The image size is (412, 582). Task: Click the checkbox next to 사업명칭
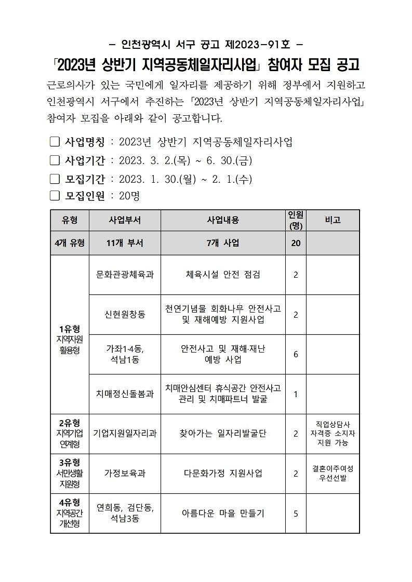[x=55, y=142]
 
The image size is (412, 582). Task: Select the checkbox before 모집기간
[x=55, y=179]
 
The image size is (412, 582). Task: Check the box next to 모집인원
[x=55, y=196]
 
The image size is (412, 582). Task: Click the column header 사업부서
[x=125, y=220]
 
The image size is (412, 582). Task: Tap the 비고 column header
[x=333, y=220]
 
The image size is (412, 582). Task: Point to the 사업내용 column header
[x=223, y=220]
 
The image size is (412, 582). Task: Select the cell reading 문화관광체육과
[x=125, y=275]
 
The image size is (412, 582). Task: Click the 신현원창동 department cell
[x=125, y=314]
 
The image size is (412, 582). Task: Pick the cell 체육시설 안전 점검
[x=223, y=275]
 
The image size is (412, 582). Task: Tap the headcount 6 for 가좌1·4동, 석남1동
[x=296, y=354]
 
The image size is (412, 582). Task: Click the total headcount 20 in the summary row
[x=296, y=243]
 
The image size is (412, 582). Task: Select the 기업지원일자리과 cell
[x=125, y=433]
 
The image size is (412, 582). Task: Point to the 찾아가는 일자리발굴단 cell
[x=223, y=433]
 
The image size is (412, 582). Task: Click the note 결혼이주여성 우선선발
[x=333, y=473]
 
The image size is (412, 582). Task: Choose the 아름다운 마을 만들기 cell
[x=223, y=513]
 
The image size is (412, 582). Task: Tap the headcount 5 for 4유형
[x=296, y=513]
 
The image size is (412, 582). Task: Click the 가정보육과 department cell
[x=125, y=473]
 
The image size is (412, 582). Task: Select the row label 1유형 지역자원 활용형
[x=70, y=340]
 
